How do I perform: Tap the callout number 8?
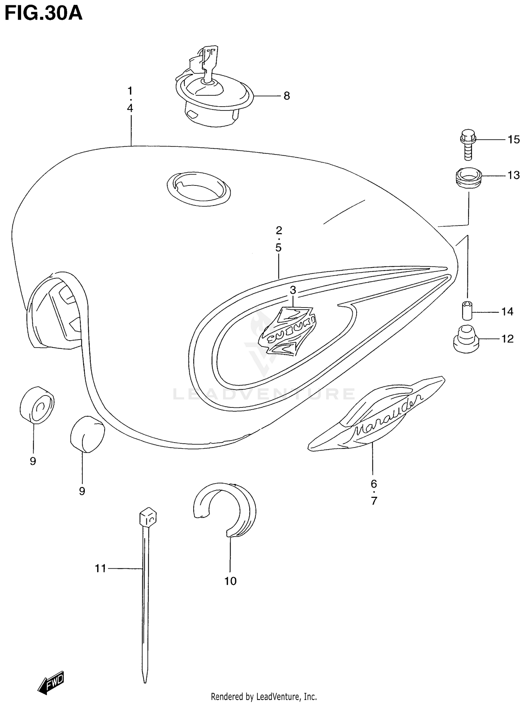point(287,96)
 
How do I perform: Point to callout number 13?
point(514,175)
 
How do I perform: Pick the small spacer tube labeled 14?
point(467,310)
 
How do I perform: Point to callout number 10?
point(231,581)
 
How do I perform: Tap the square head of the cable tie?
point(148,517)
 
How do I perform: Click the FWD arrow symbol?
point(51,682)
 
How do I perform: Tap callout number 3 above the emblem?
point(293,290)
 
